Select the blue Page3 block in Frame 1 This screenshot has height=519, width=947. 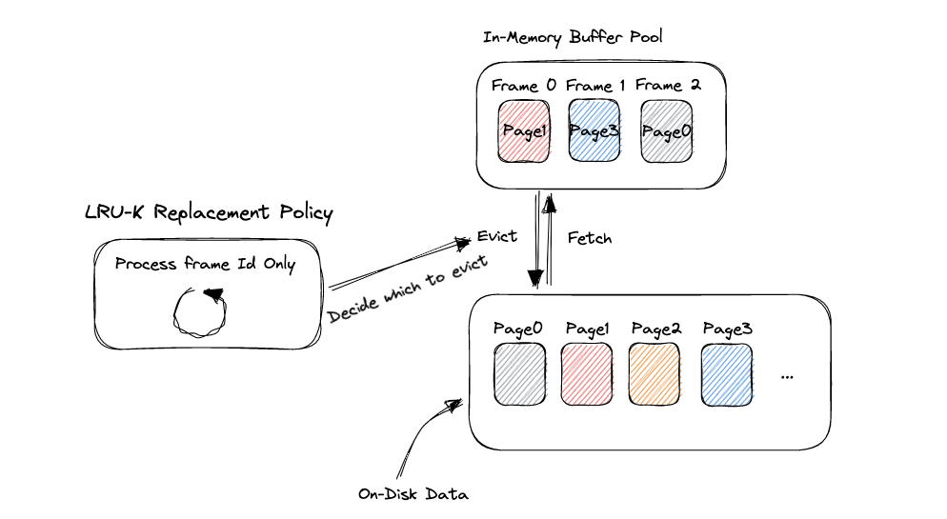(x=594, y=132)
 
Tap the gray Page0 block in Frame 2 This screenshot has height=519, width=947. (x=666, y=132)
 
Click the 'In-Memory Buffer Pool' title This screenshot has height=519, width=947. (x=572, y=37)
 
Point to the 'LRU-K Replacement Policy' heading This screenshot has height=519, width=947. (x=209, y=212)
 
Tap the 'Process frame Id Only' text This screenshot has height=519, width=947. (x=205, y=264)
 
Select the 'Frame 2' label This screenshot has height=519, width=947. (x=668, y=86)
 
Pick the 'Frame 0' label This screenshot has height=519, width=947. (x=524, y=86)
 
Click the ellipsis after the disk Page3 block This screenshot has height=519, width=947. (x=787, y=376)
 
